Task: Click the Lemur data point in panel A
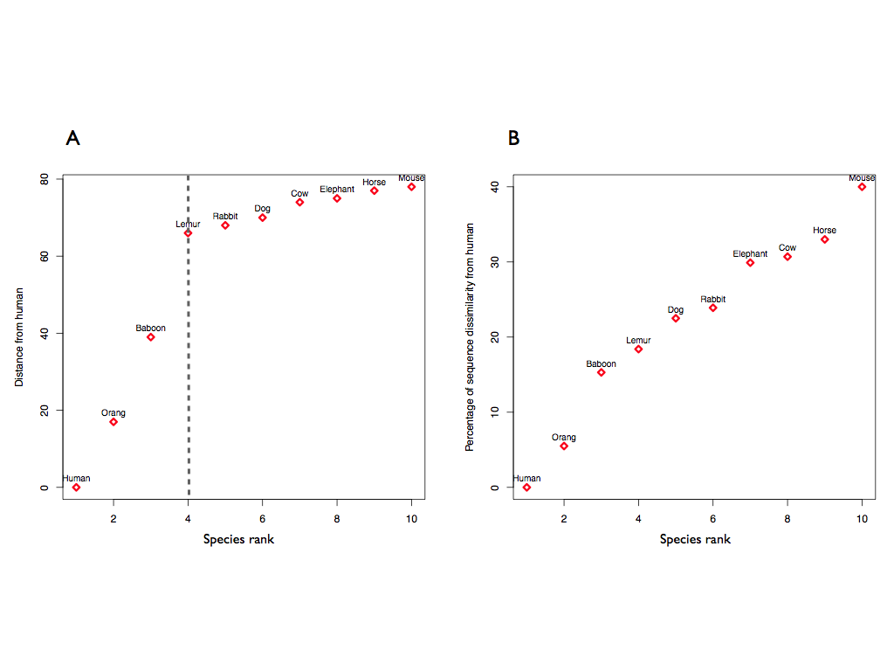[188, 233]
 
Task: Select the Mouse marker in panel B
[862, 187]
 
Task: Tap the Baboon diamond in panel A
[150, 337]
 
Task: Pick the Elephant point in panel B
[750, 263]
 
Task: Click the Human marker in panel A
[76, 488]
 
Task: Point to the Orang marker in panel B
[564, 446]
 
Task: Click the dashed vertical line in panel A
[189, 367]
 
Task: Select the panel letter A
[72, 138]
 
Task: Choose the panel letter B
[513, 138]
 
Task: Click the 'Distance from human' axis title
[19, 337]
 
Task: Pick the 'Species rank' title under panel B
[695, 539]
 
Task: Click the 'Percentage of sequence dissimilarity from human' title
[470, 337]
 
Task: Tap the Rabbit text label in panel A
[225, 216]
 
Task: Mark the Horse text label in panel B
[824, 231]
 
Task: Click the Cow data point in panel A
[299, 203]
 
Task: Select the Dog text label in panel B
[676, 309]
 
